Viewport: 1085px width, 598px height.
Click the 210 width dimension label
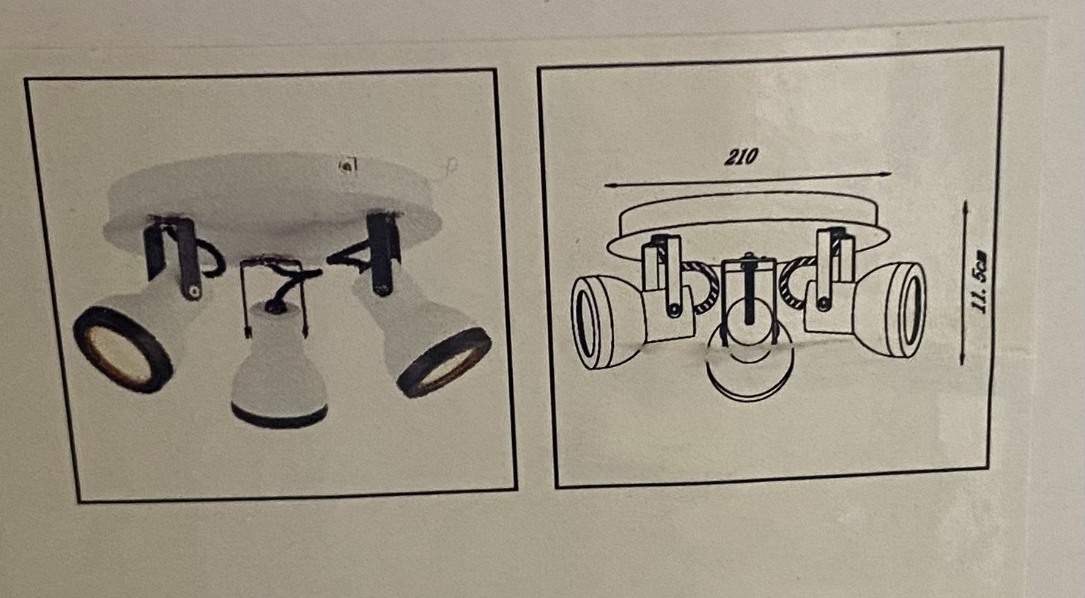[x=741, y=157]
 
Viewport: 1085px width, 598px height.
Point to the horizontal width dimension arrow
[x=748, y=180]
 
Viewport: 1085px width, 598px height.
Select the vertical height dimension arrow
[x=963, y=282]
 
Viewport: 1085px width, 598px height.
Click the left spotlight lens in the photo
[x=123, y=349]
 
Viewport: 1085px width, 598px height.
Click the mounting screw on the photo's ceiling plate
[x=347, y=166]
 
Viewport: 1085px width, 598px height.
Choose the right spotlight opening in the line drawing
[x=911, y=310]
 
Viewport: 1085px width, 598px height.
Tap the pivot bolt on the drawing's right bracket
[x=822, y=303]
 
